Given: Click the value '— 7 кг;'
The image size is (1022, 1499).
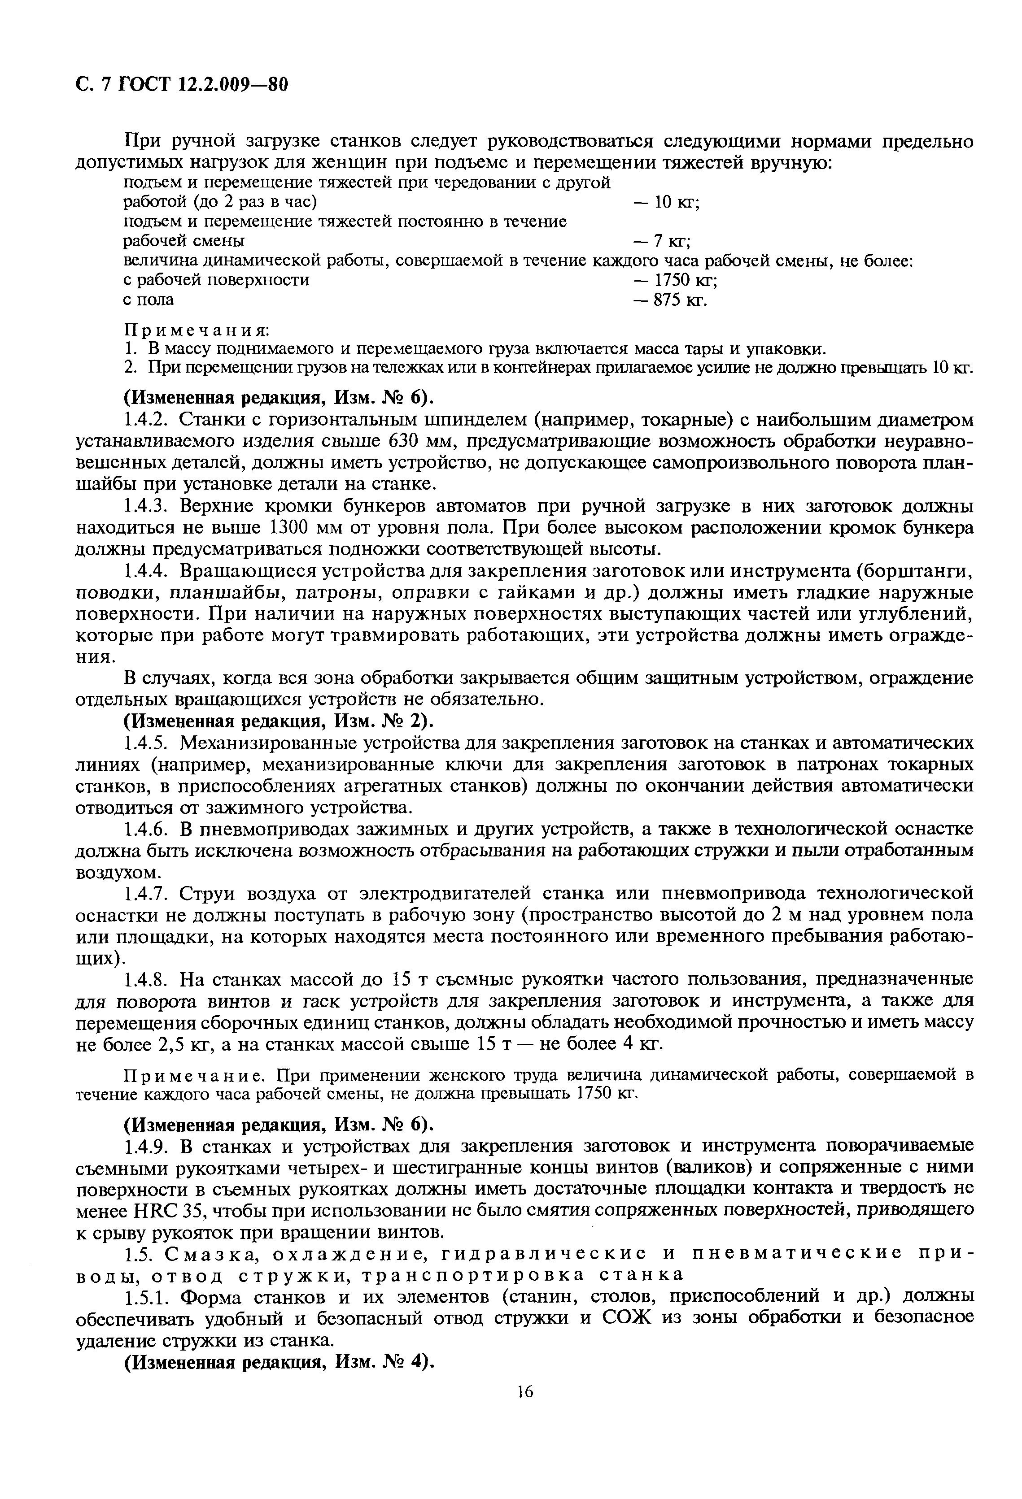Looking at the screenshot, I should coord(662,241).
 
